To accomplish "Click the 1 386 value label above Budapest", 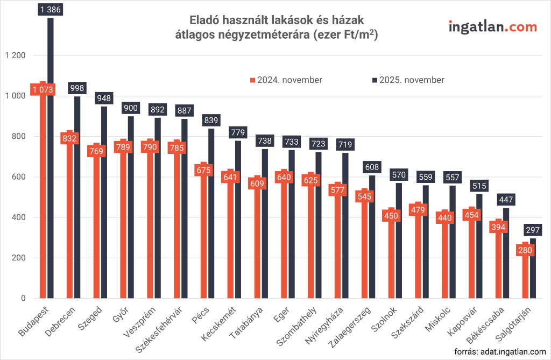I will tap(50, 9).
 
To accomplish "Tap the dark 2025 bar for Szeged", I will tap(104, 204).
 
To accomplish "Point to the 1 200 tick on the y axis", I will tap(15, 55).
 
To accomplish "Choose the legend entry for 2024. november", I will tap(286, 80).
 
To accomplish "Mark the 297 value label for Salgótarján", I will tap(532, 230).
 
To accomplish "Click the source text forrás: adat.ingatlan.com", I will tap(500, 352).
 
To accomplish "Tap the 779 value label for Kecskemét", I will tap(238, 131).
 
